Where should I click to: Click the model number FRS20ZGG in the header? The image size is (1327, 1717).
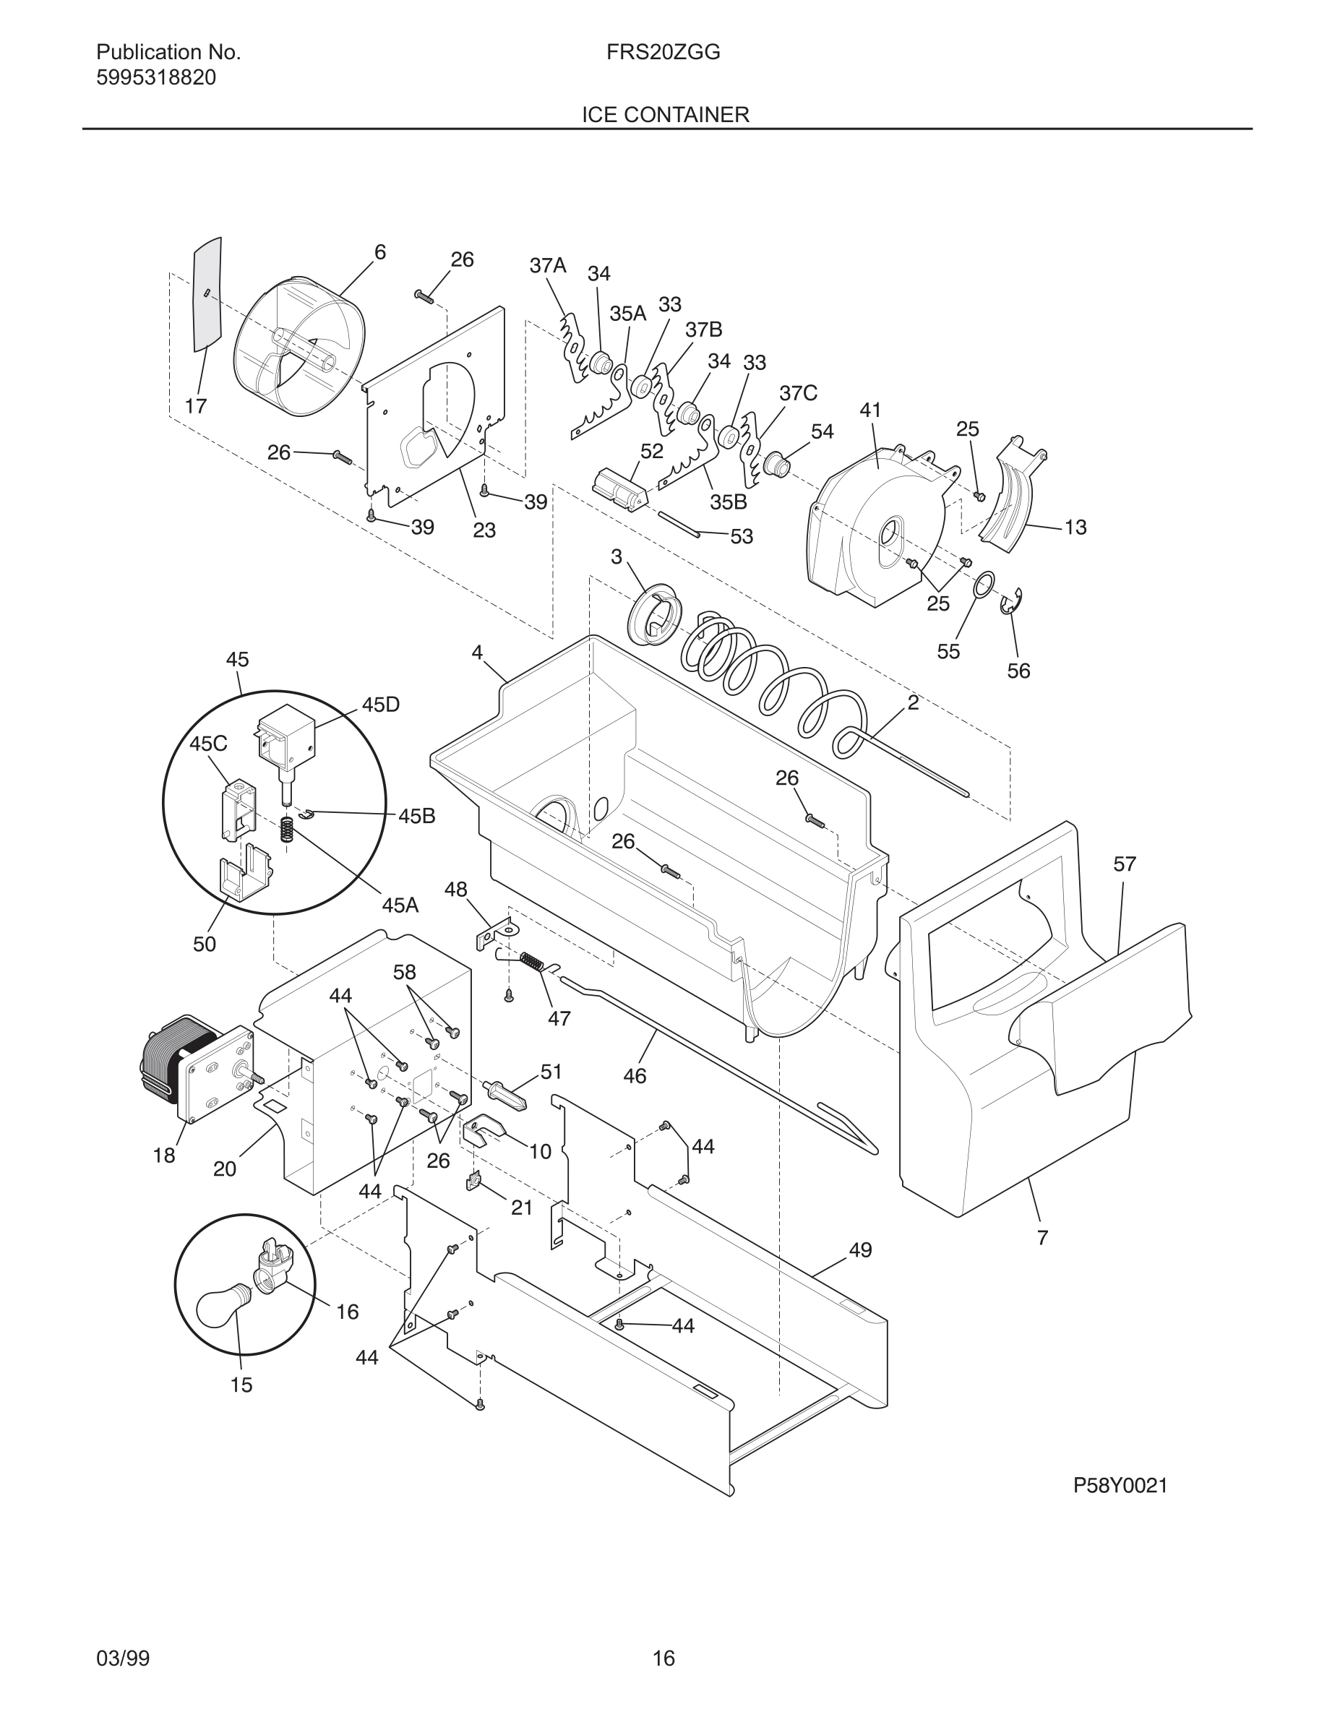(x=663, y=53)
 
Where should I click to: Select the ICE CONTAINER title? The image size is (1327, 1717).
(x=665, y=115)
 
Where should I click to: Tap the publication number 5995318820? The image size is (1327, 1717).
(x=155, y=78)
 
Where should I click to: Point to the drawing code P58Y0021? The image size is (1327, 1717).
(x=1120, y=1485)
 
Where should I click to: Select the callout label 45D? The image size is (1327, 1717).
(x=380, y=705)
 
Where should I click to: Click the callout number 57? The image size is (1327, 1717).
(x=1124, y=864)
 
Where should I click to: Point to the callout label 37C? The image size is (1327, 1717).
(x=798, y=393)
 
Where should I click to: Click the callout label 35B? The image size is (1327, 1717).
(x=728, y=502)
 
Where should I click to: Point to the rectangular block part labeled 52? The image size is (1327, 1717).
(x=619, y=491)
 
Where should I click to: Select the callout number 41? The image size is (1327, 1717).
(x=870, y=410)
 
